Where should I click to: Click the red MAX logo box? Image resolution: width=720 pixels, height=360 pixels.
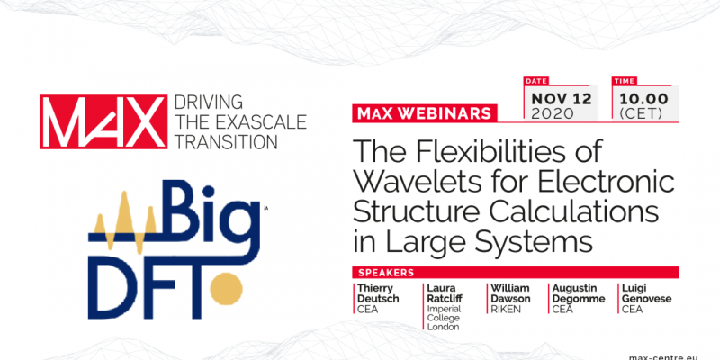103,121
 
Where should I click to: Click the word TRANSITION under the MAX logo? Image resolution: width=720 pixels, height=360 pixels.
227,142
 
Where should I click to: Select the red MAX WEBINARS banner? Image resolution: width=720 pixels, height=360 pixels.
424,113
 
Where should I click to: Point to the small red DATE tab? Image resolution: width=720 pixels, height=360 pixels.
535,81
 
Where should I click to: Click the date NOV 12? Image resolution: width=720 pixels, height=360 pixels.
562,99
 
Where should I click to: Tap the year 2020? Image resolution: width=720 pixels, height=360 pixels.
553,113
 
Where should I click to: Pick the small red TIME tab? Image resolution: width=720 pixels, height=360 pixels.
623,81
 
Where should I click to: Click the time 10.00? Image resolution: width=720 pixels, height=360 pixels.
643,99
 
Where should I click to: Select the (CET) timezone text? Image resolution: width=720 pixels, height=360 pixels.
641,114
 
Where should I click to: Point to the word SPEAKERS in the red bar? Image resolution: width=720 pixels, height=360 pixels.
386,273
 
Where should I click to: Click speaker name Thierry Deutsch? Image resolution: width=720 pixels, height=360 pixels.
378,293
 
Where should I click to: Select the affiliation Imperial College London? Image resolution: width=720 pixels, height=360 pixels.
444,318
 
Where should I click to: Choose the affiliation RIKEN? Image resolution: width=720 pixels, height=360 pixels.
506,309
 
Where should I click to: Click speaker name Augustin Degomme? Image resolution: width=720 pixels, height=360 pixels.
579,293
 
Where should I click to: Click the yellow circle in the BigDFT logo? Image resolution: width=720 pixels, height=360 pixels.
226,288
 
